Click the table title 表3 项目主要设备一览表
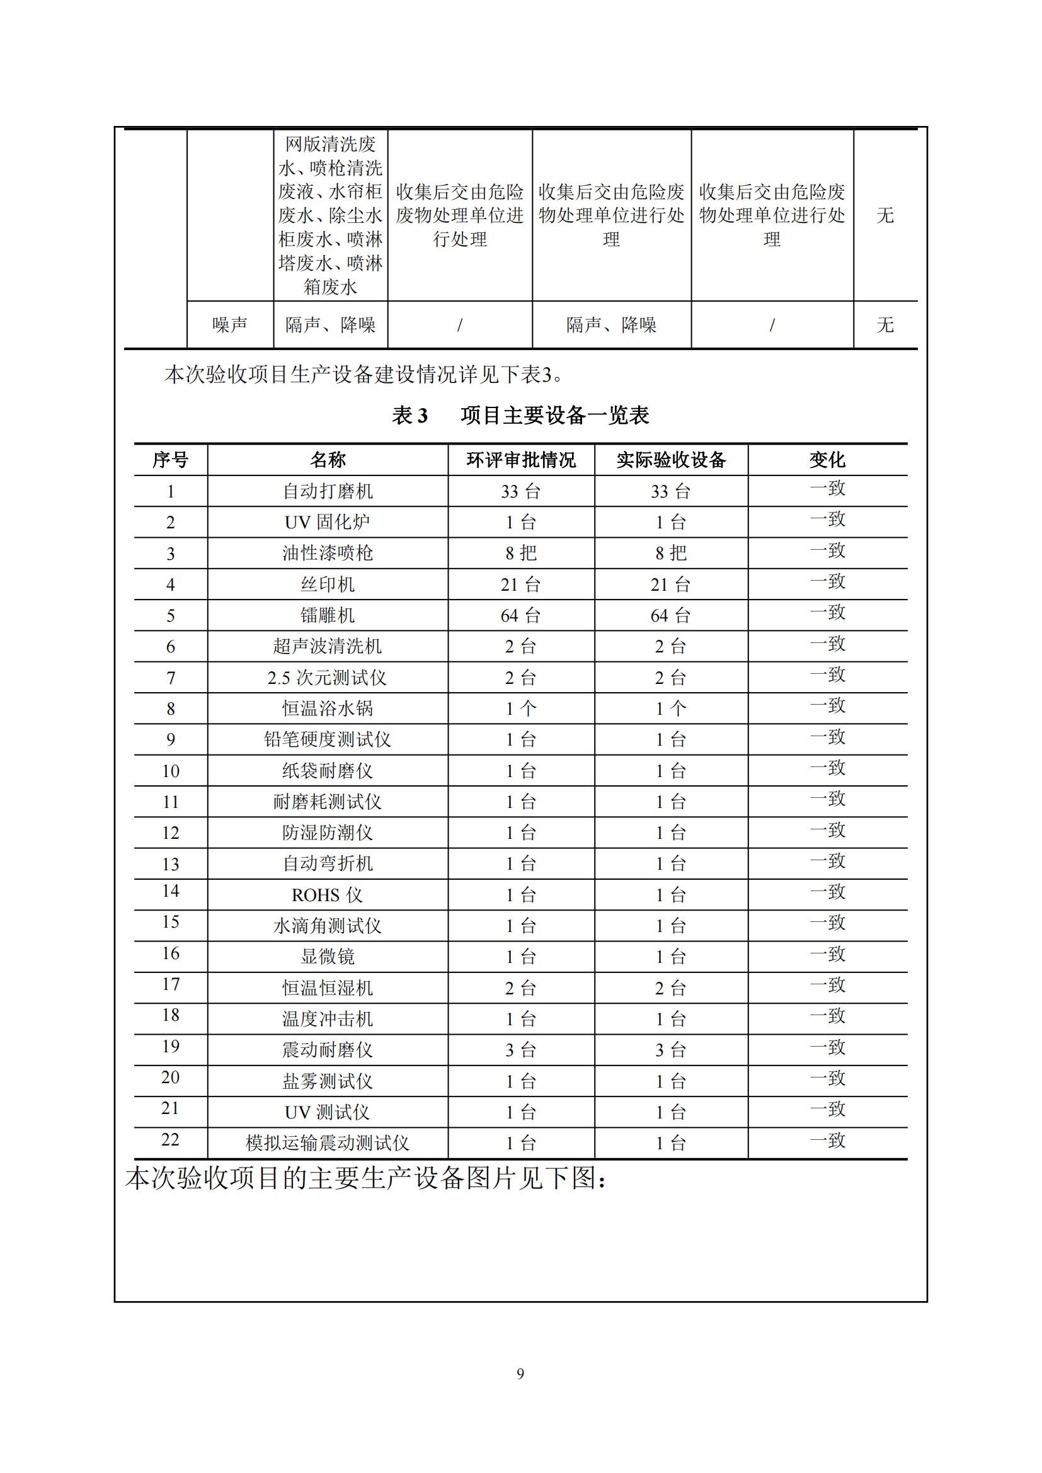pos(520,416)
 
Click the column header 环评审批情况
pos(520,460)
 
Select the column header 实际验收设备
pos(670,460)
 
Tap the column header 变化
pos(827,460)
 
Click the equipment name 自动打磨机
pos(327,491)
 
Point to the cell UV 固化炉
pos(327,522)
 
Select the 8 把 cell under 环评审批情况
pos(520,553)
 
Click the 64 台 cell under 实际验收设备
pos(670,616)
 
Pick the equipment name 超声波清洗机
pos(327,646)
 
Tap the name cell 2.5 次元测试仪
pos(327,678)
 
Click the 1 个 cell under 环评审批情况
pos(520,708)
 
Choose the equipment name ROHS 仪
pos(327,895)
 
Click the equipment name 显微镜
pos(327,957)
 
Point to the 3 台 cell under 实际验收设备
pos(670,1050)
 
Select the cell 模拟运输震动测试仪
pos(327,1143)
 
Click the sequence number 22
pos(170,1140)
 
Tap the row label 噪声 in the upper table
pos(230,324)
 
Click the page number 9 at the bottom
pos(520,1373)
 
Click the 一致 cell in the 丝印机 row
pos(827,582)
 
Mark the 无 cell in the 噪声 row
pos(885,324)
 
